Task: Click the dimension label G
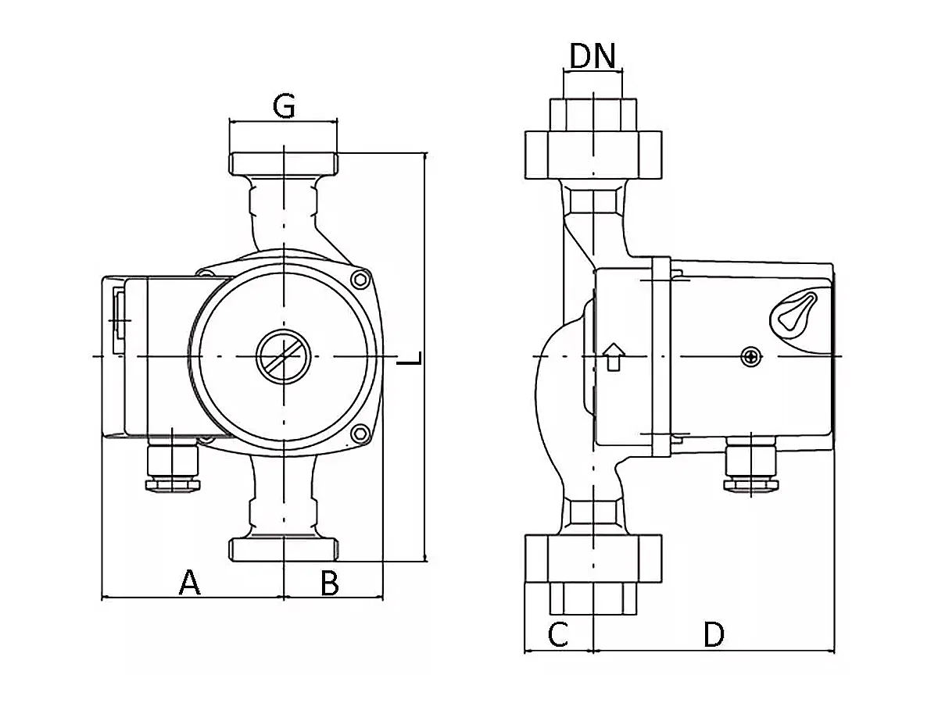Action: click(284, 106)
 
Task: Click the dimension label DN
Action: click(593, 56)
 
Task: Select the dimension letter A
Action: click(190, 583)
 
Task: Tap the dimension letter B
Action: click(330, 583)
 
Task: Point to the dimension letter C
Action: click(557, 634)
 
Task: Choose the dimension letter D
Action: click(713, 634)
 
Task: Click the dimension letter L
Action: click(410, 359)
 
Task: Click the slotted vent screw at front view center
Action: click(284, 356)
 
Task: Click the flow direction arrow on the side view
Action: click(614, 356)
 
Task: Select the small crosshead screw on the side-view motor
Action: click(751, 357)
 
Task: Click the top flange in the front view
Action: click(284, 164)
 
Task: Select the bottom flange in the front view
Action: click(284, 548)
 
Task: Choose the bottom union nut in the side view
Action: click(593, 558)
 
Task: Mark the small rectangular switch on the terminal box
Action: click(119, 320)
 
